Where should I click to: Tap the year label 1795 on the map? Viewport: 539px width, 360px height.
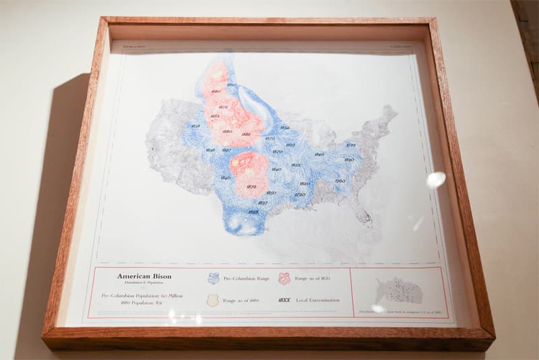coord(351,145)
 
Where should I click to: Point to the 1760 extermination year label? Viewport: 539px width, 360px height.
coord(340,181)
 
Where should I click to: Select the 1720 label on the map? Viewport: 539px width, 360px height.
coord(300,195)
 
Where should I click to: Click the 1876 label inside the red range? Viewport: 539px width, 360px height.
coord(251,187)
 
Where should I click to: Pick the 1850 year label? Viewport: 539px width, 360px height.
coord(271,193)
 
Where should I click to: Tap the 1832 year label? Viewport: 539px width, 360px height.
coord(284,127)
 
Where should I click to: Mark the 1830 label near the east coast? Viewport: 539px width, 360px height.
coord(349,160)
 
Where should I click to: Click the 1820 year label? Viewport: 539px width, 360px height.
coord(305,183)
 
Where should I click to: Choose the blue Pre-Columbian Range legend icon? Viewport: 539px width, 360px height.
coord(214,278)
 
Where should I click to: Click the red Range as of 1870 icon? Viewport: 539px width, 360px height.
coord(284,278)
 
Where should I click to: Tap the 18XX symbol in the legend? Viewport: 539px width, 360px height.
coord(284,300)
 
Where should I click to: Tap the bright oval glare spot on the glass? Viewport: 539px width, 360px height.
coord(436,179)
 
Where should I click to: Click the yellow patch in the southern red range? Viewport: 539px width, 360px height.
coord(236,162)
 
